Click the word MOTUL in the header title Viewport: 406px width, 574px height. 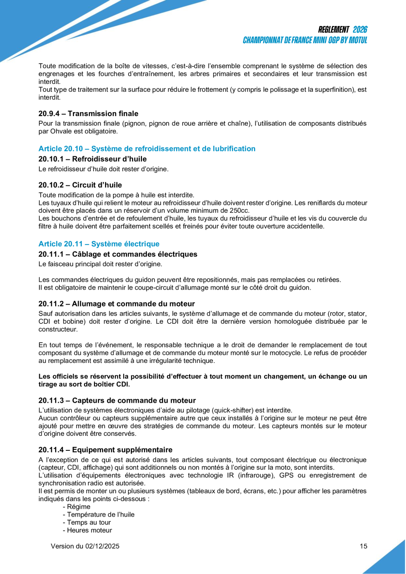(x=356, y=40)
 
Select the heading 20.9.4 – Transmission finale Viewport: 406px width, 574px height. (x=88, y=113)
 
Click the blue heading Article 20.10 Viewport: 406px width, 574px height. (x=147, y=149)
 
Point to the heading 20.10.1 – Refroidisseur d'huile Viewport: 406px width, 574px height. (x=92, y=159)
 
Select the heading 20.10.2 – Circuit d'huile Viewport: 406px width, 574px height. (x=80, y=185)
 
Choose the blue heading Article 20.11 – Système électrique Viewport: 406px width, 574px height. (x=99, y=244)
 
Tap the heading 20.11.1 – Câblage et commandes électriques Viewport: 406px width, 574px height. (x=118, y=254)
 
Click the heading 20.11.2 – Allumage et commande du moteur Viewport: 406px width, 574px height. (x=117, y=303)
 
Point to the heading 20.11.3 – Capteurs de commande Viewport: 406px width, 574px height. (x=117, y=400)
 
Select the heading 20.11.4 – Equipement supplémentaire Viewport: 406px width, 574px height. (x=105, y=450)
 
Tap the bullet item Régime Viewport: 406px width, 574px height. (x=78, y=507)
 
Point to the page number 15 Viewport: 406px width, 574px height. (x=364, y=546)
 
